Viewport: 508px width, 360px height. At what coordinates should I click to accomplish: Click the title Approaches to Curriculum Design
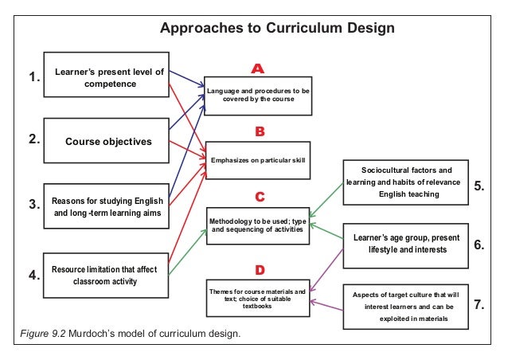[277, 29]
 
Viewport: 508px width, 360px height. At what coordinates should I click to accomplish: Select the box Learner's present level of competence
[106, 77]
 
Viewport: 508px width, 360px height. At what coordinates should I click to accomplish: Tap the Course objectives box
[106, 142]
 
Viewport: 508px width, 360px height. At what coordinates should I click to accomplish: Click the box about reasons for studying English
[106, 207]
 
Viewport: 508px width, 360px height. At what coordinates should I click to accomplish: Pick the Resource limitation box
[106, 274]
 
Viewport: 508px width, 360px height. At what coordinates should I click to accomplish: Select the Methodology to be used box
[257, 225]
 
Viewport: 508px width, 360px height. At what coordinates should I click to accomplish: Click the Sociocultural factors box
[406, 182]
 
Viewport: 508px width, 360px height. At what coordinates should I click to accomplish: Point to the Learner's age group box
[406, 244]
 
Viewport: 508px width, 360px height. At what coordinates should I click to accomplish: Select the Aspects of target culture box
[406, 307]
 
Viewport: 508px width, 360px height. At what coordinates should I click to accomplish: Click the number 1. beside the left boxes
[33, 77]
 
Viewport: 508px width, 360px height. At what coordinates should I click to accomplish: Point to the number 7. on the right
[479, 304]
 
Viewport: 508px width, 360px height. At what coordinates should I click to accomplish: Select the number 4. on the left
[33, 276]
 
